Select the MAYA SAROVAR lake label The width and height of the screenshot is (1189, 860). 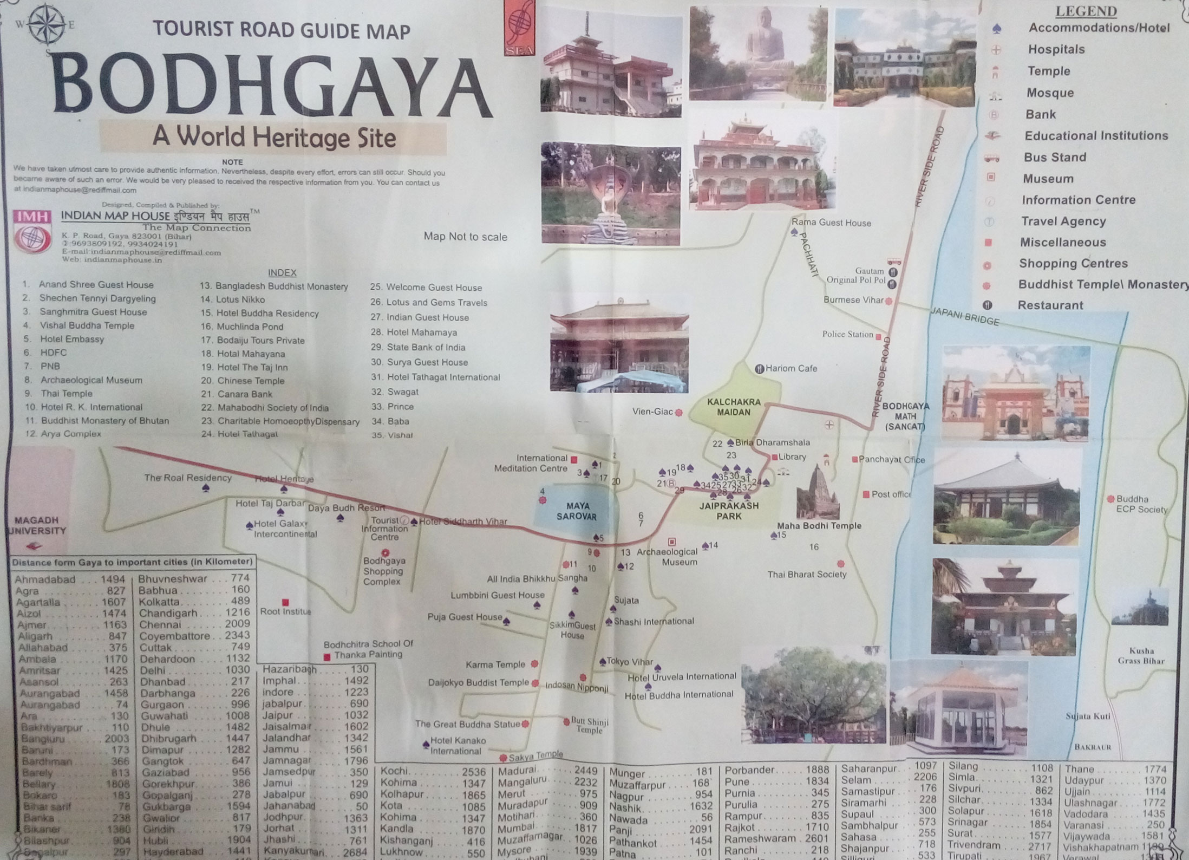click(x=577, y=511)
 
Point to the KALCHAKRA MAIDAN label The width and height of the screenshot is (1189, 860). click(x=734, y=407)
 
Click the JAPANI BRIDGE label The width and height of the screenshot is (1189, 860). click(x=965, y=316)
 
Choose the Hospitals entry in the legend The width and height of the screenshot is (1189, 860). click(x=1056, y=49)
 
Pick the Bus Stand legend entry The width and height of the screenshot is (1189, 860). click(x=1055, y=157)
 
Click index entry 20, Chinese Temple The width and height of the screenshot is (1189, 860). click(x=243, y=381)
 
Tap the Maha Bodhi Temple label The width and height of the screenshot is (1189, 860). click(x=819, y=525)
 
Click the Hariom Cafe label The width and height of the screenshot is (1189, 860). click(x=791, y=368)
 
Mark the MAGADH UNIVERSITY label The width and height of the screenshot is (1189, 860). click(x=37, y=525)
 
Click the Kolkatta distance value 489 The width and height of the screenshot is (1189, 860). click(x=240, y=601)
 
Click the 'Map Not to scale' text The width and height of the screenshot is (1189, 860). click(x=465, y=237)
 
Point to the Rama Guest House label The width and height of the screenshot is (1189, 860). click(x=831, y=223)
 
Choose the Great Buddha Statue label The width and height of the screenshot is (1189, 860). click(x=468, y=724)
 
